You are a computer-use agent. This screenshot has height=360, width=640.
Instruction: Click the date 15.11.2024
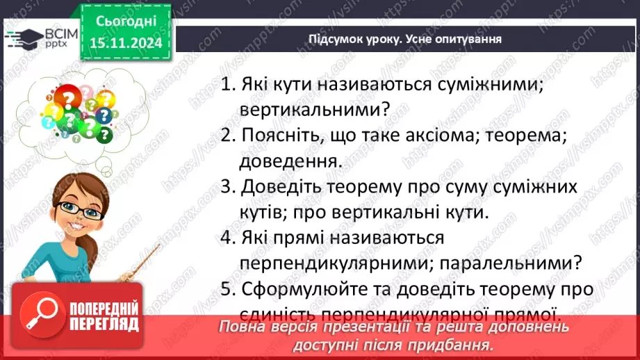tap(125, 43)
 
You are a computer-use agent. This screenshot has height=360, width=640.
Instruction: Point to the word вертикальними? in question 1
tap(315, 110)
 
